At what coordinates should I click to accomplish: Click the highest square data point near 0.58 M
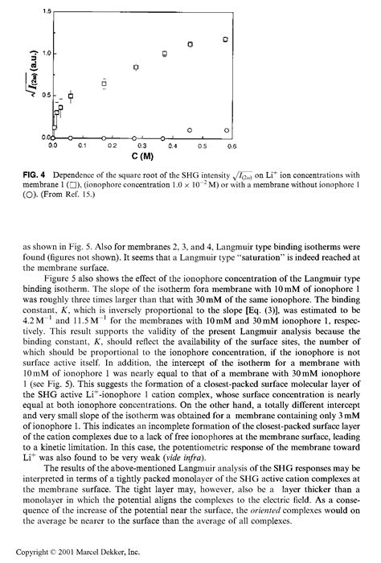[x=226, y=39]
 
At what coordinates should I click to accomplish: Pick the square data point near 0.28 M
[x=136, y=68]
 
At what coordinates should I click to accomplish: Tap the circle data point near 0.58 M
[x=227, y=130]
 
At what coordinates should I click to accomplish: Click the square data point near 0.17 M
[x=104, y=84]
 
